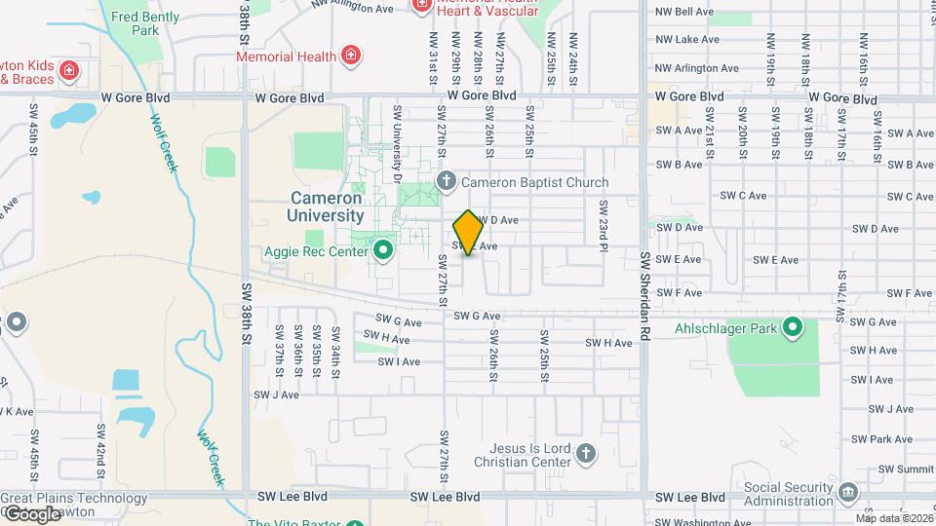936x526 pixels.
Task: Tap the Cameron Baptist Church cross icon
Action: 447,181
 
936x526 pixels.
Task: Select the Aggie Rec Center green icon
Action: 382,251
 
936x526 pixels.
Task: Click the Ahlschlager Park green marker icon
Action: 793,328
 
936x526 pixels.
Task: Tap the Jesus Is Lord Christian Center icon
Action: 585,453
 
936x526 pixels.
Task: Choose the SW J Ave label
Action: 276,394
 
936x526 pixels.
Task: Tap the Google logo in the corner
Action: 31,513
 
